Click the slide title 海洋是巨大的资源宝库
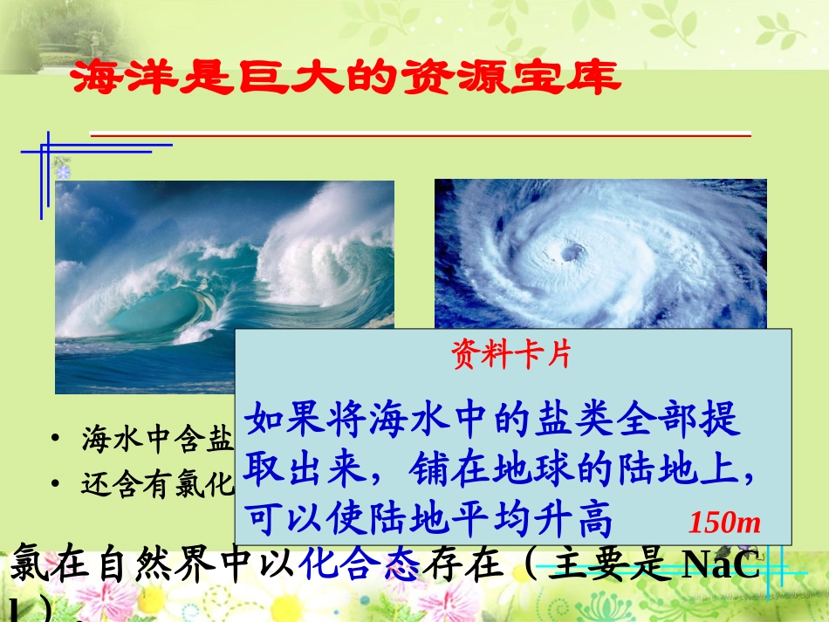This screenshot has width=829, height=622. tap(344, 79)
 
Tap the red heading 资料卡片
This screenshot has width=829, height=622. tap(510, 355)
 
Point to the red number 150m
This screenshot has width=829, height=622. tap(725, 523)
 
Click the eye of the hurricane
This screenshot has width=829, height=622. tap(572, 253)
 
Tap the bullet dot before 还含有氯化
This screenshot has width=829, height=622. tap(56, 484)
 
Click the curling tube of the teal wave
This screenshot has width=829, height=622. tap(166, 314)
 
